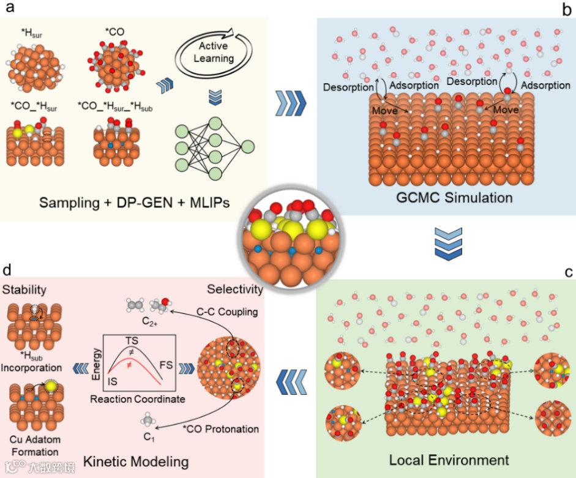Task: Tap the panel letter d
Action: click(8, 270)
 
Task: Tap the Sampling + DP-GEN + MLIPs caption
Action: click(134, 203)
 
